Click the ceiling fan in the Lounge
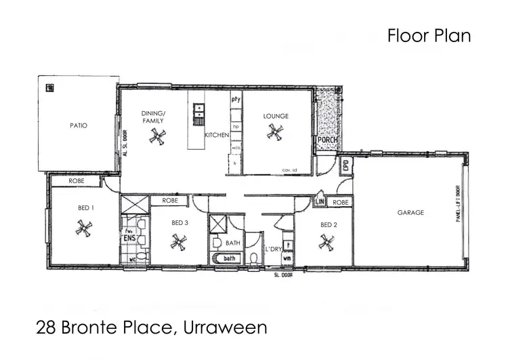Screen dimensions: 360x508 [x=275, y=132]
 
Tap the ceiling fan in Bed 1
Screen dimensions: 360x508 [x=83, y=228]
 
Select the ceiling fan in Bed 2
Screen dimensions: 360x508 [x=326, y=241]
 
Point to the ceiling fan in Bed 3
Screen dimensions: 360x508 [x=178, y=241]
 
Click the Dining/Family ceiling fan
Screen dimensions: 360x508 [x=157, y=137]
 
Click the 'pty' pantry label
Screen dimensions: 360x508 [x=236, y=100]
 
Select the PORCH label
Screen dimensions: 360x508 [x=327, y=140]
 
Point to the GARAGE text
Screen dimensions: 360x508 [x=410, y=212]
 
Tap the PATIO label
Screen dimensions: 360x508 [x=79, y=125]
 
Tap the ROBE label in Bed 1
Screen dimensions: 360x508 [x=76, y=181]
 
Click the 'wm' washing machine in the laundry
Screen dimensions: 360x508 [x=287, y=258]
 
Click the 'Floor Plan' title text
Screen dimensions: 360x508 [x=429, y=36]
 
